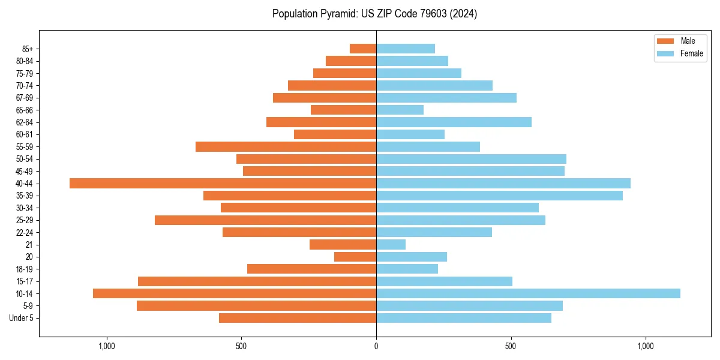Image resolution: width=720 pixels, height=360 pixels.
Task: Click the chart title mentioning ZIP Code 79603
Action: coord(374,14)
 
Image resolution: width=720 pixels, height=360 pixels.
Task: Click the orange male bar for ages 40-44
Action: coord(223,183)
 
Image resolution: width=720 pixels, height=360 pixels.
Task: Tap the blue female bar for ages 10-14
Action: coord(528,293)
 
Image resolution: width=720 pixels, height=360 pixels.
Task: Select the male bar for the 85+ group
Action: coord(363,49)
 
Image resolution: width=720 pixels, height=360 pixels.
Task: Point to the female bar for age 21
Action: coord(391,244)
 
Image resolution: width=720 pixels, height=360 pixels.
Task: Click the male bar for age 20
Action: coord(355,257)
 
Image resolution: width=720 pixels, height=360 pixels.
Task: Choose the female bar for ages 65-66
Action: coord(400,110)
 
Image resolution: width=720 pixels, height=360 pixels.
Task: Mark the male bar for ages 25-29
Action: coord(265,220)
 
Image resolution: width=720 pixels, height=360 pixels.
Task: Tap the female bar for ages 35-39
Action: coord(499,196)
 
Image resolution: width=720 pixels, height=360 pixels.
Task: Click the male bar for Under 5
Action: coord(298,318)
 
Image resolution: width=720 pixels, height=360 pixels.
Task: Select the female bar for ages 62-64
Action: coord(454,122)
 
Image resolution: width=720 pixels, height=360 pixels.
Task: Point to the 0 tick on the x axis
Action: coord(376,346)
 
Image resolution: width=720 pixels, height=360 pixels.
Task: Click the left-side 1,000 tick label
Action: coord(106,346)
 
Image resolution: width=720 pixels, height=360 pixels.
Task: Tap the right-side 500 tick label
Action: coord(511,346)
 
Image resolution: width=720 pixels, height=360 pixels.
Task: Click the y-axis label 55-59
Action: coord(25,146)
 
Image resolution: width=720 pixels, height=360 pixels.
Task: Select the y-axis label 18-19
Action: coord(25,269)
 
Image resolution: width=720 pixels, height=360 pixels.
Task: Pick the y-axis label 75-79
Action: coord(25,73)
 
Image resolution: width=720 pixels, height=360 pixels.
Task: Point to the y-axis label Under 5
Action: coord(21,318)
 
